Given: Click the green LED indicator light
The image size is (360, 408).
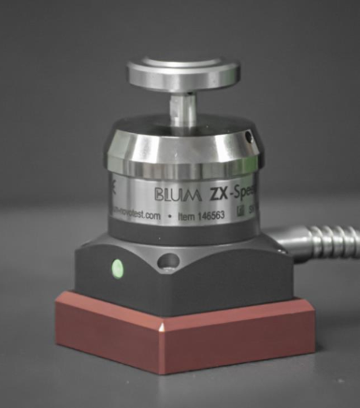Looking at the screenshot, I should coord(117,270).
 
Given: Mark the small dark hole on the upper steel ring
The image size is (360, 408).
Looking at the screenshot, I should coord(249,137).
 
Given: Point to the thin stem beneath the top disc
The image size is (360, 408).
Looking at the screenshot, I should coord(183,107).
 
